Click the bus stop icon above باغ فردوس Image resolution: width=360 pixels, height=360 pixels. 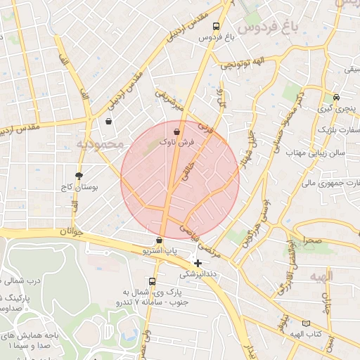click(216, 26)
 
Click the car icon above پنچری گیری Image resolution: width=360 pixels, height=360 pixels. click(337, 97)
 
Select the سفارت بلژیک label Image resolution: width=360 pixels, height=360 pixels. click(338, 130)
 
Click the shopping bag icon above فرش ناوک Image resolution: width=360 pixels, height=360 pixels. click(176, 131)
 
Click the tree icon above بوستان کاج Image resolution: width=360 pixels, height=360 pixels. click(79, 176)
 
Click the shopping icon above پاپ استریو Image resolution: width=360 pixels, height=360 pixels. click(160, 240)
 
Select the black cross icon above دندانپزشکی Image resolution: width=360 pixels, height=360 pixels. click(198, 263)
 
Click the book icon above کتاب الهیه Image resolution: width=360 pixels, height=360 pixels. click(305, 323)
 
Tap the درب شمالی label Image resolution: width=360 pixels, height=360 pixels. click(20, 283)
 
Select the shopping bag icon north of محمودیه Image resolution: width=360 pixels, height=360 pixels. click(109, 121)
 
